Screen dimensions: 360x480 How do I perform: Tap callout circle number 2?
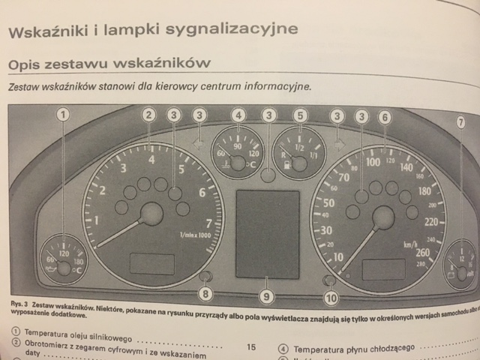coord(149,115)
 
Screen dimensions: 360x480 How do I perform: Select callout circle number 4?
coord(238,115)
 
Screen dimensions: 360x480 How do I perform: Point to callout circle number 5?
coord(300,115)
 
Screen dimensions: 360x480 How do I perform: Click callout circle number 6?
coord(384,117)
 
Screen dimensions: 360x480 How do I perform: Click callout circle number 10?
coord(331,298)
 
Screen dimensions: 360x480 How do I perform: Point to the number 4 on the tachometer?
coord(152,159)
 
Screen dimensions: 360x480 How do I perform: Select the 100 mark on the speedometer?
coord(372,161)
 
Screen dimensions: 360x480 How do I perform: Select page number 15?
coord(250,348)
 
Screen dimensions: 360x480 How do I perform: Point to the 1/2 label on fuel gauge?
coord(298,148)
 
